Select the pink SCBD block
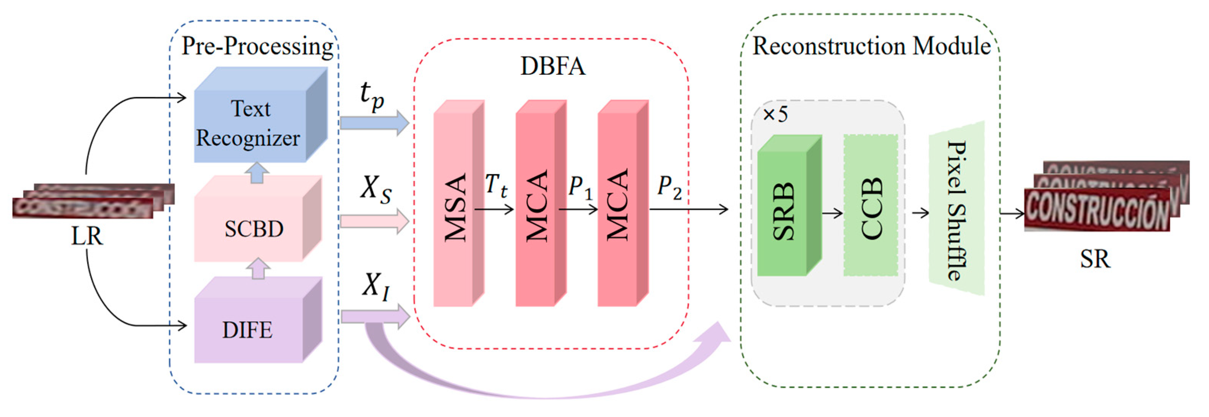point(254,228)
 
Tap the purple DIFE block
point(248,330)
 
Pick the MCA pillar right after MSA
point(536,207)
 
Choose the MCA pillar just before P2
point(618,207)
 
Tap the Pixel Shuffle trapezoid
point(957,209)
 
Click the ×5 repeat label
point(775,114)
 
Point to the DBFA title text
point(552,66)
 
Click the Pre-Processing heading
point(257,47)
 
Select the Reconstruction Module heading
point(872,47)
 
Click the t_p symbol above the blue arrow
point(372,96)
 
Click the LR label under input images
point(87,236)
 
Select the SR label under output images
point(1095,259)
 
